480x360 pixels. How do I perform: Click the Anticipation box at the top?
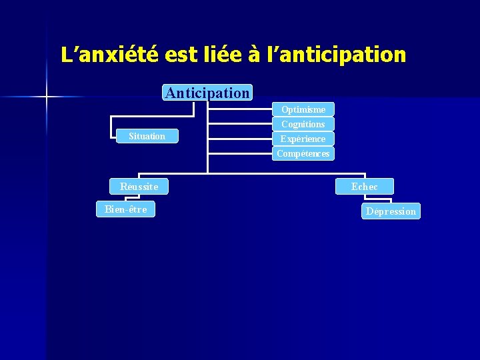(x=207, y=93)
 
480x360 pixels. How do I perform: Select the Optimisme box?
(x=303, y=109)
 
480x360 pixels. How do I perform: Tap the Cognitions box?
(x=303, y=124)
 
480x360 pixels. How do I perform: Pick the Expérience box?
(x=303, y=139)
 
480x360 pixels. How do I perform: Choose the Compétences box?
(x=303, y=153)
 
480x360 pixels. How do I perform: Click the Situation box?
(x=147, y=136)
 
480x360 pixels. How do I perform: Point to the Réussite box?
(x=139, y=187)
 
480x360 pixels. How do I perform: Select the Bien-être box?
(x=125, y=209)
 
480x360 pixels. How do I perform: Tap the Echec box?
(x=365, y=187)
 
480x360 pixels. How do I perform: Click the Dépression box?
(x=391, y=211)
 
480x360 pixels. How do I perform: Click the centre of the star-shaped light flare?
(x=47, y=97)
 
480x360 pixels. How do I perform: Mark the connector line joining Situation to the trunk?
(x=193, y=136)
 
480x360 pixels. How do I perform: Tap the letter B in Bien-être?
(x=107, y=209)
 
